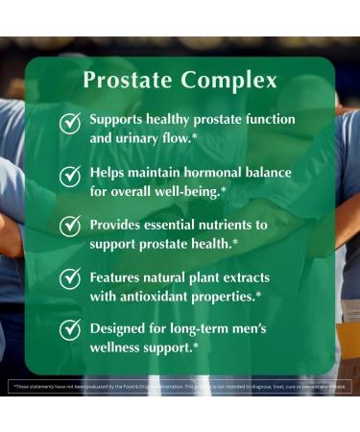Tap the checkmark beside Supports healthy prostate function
point(70,124)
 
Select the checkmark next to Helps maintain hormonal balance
point(70,176)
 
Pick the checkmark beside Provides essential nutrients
point(70,227)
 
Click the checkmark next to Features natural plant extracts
point(70,278)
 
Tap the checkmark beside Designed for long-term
point(70,329)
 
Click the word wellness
point(121,345)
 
